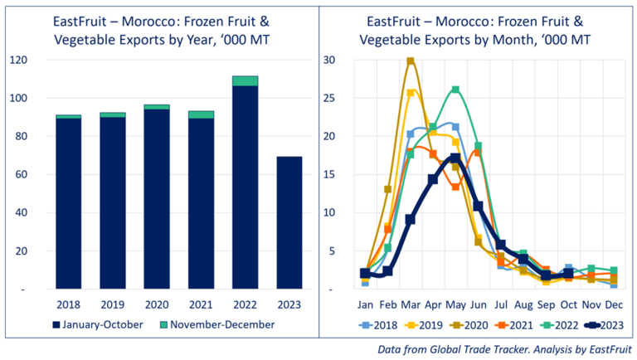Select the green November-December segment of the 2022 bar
tap(245, 80)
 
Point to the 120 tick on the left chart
tap(17, 61)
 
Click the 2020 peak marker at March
tap(410, 61)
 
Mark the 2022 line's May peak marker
tap(455, 90)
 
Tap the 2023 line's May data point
tap(455, 158)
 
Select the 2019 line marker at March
tap(410, 93)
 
